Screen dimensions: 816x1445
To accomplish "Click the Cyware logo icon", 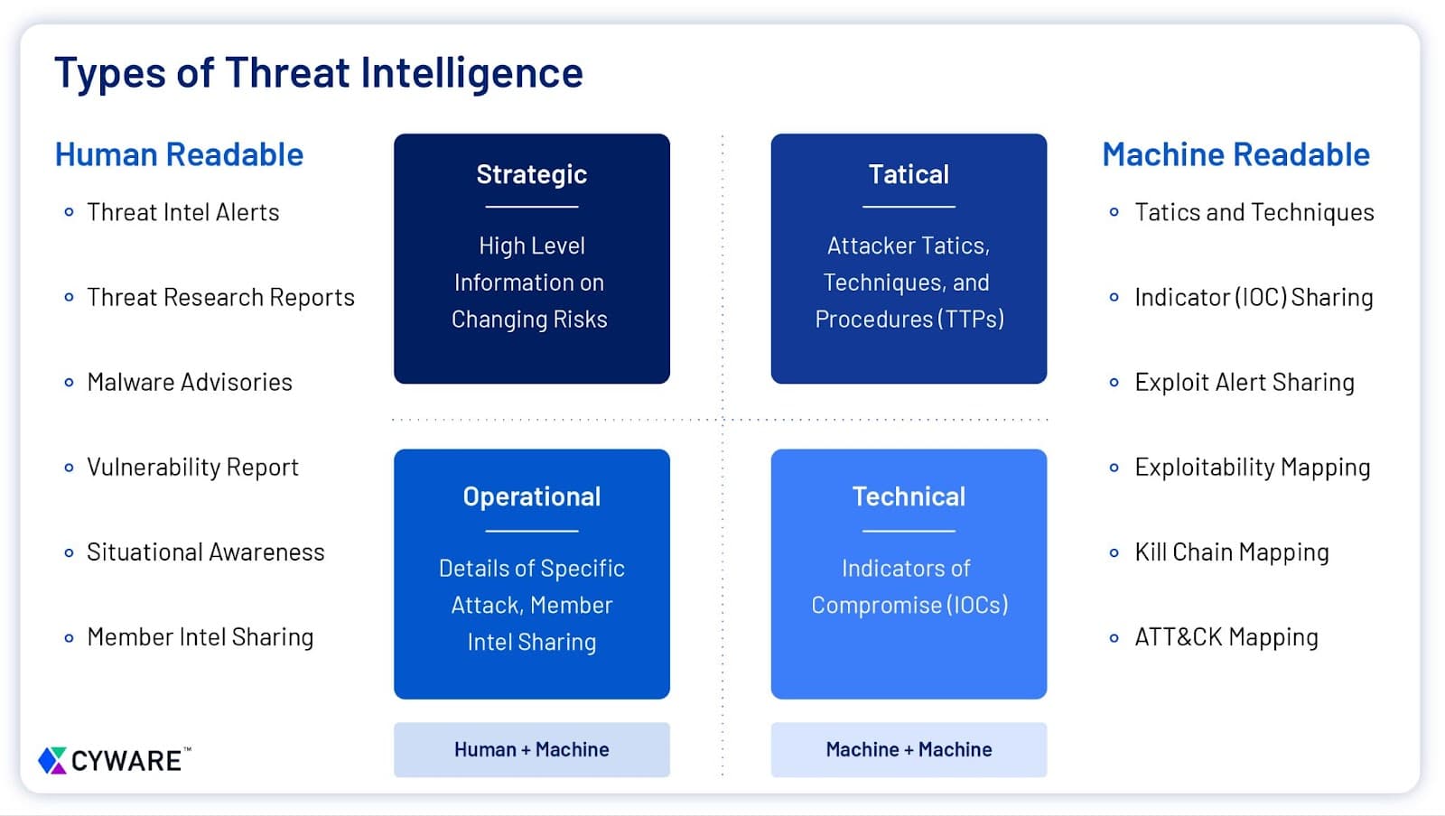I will (52, 760).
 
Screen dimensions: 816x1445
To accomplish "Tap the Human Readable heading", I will (179, 154).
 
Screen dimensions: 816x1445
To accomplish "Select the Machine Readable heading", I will (1235, 154).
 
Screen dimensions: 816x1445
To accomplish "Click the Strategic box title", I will (531, 174).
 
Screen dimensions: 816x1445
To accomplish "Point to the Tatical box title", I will (909, 174).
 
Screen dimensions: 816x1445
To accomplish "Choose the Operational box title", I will (531, 496).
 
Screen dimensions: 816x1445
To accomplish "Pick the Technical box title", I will (909, 496).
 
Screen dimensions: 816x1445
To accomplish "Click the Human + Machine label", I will (531, 749).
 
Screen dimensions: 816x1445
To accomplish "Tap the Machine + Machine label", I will (909, 749).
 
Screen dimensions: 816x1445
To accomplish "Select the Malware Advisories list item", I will (190, 382).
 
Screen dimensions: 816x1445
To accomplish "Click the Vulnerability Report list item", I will (192, 467).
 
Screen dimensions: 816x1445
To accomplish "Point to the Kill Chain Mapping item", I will (1231, 552).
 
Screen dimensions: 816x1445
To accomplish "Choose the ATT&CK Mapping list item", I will (1226, 636).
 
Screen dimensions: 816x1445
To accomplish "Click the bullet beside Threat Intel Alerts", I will (69, 212).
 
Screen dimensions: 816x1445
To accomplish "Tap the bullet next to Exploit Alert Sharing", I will (1114, 382).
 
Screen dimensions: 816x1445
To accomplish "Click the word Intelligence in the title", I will (471, 72).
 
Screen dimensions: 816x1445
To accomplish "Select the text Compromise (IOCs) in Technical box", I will (909, 605).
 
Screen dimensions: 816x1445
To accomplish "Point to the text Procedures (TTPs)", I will (909, 319).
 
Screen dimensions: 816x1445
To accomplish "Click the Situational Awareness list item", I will (205, 552).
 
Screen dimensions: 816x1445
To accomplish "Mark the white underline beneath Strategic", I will (531, 207).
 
